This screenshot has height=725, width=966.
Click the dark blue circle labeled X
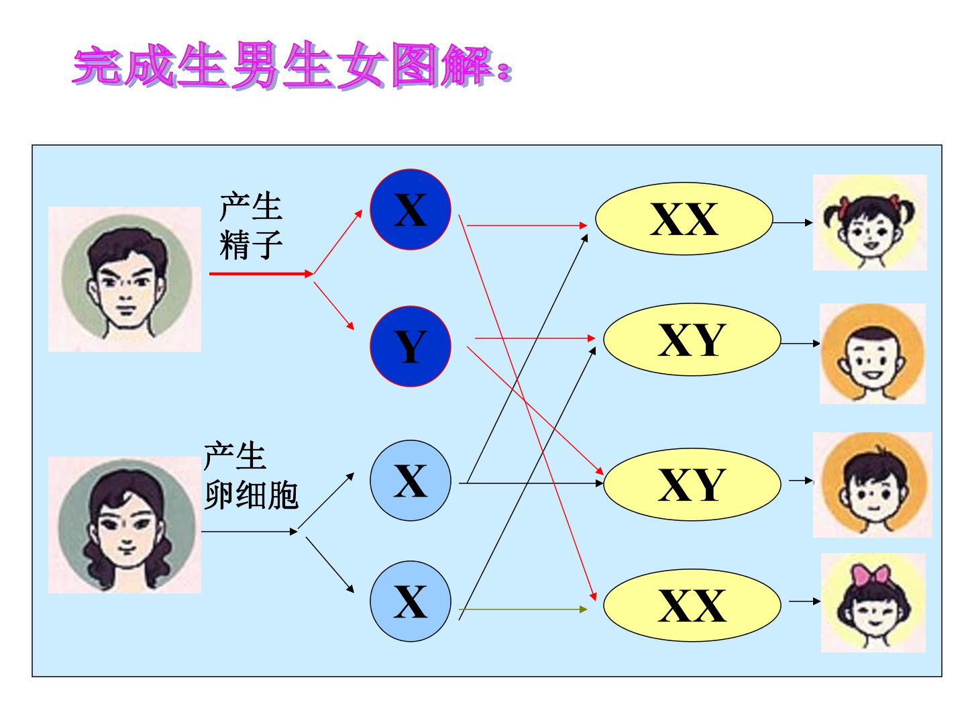410,209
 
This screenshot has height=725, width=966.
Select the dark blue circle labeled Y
410,346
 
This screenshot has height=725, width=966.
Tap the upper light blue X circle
410,481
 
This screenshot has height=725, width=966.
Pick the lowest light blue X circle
410,601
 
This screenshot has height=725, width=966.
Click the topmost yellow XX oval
684,219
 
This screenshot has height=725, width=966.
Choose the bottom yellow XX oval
692,606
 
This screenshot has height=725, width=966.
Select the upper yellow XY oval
692,340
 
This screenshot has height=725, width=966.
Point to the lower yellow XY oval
692,484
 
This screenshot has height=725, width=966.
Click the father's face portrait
125,279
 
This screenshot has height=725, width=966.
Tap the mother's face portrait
125,525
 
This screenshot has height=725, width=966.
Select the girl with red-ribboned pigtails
869,222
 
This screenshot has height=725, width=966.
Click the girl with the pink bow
873,603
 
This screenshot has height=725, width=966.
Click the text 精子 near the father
251,245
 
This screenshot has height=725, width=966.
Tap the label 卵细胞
252,495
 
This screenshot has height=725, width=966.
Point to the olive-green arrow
523,610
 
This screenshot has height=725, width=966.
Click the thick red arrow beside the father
261,274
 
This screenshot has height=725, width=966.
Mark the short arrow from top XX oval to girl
793,223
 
